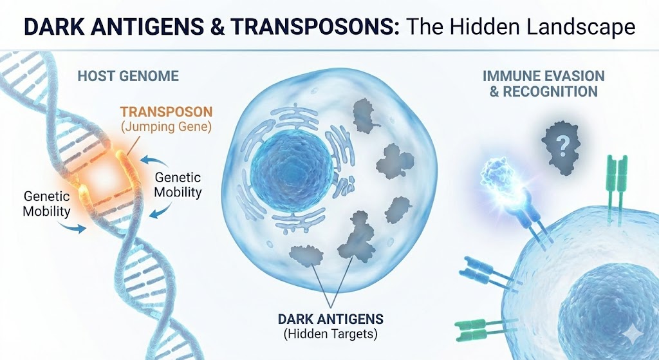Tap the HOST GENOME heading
point(127,77)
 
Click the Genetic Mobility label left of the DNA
point(46,203)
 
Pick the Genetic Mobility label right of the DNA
point(178,184)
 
